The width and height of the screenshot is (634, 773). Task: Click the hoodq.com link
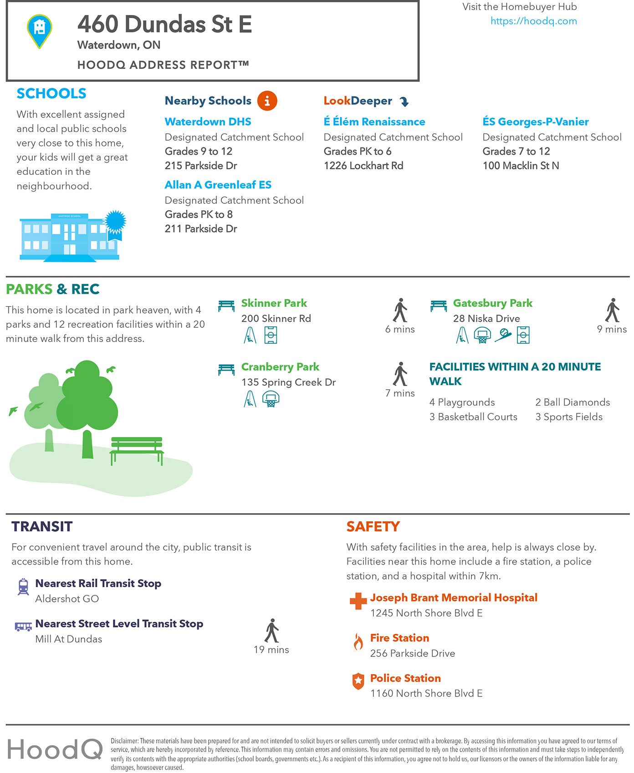pos(533,21)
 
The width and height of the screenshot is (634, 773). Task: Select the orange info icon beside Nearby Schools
pos(267,101)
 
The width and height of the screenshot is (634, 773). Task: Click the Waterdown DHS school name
pos(208,122)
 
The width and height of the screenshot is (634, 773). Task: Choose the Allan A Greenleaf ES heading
pos(218,185)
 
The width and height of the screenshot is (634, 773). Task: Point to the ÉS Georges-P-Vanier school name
pos(535,122)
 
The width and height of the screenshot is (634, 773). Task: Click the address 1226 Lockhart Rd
pos(363,166)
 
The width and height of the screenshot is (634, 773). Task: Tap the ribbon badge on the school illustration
pos(115,224)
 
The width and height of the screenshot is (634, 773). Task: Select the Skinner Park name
pos(274,303)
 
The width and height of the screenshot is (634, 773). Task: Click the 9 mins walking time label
pos(612,329)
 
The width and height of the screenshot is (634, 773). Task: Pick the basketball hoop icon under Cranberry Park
pos(271,399)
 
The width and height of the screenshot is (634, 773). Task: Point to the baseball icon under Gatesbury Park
pos(503,336)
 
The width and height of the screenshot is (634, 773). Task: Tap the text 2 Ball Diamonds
pos(572,402)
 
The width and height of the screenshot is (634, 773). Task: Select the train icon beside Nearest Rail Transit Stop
pos(23,586)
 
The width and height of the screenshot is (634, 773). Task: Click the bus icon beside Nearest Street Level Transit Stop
pos(23,626)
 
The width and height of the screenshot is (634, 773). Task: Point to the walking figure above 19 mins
pos(271,631)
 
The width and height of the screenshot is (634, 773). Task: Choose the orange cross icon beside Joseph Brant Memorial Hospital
pos(358,601)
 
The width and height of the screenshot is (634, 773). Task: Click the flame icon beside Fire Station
pos(358,641)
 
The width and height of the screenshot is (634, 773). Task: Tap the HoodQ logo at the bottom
pos(55,749)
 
